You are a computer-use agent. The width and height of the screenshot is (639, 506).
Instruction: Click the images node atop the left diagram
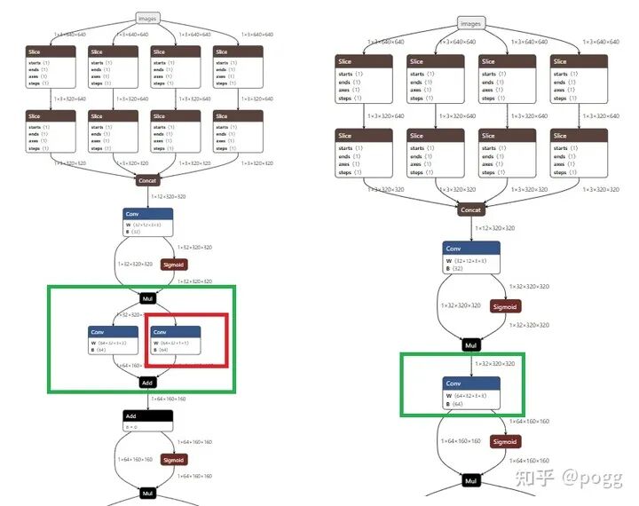(x=148, y=17)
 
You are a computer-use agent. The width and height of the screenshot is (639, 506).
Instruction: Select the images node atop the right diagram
(x=471, y=23)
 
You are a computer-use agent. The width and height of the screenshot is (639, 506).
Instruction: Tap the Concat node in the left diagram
(x=148, y=180)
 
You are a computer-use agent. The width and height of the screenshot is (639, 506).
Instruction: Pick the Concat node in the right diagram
(x=471, y=210)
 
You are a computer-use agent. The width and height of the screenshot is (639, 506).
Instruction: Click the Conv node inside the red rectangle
(x=176, y=341)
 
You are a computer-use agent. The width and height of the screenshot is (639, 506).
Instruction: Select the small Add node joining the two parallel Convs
(x=148, y=383)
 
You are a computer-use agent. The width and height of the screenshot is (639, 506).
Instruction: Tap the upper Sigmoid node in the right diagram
(x=504, y=306)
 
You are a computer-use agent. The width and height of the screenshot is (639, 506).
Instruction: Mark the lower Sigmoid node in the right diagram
(x=504, y=441)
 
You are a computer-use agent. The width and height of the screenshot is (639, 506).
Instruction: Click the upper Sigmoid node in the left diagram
(x=174, y=265)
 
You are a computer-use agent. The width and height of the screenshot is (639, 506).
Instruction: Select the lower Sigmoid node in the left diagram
(x=174, y=460)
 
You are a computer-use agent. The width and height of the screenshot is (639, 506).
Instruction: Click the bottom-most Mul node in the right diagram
(x=471, y=481)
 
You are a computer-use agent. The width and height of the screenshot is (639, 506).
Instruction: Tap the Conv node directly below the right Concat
(x=471, y=257)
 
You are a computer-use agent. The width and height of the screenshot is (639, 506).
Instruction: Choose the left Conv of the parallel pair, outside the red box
(x=114, y=341)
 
